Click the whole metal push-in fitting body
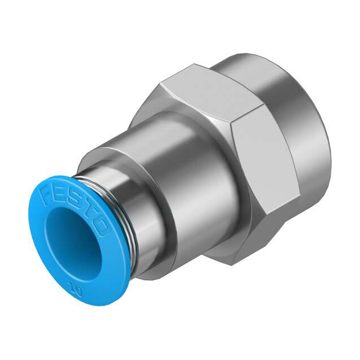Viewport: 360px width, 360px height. point(214,169)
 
